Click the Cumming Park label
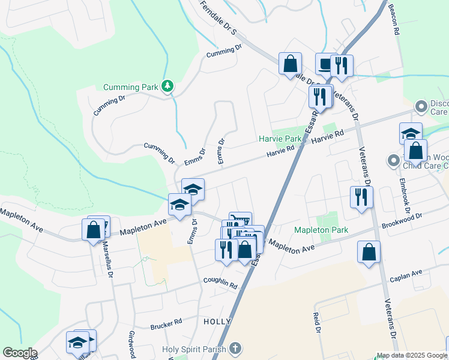click(x=130, y=87)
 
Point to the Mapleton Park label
click(x=321, y=230)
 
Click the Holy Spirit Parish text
click(x=194, y=349)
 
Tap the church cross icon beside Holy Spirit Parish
click(x=235, y=348)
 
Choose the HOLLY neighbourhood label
click(x=217, y=322)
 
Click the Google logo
click(x=20, y=353)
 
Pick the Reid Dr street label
click(x=316, y=322)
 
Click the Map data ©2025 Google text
click(x=411, y=355)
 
